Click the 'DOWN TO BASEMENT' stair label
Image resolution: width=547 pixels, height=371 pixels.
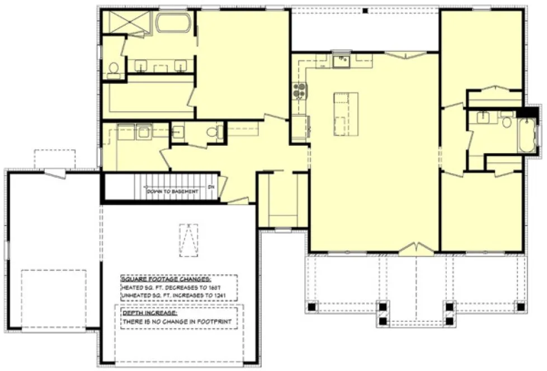tap(172, 191)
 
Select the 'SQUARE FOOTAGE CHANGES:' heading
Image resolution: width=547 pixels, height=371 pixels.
tap(157, 278)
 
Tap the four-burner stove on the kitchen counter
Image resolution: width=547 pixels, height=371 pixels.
tap(299, 91)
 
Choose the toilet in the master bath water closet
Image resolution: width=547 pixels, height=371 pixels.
tap(114, 68)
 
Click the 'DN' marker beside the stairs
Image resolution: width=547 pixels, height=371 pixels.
tap(211, 187)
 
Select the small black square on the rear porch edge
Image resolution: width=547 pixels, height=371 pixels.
tap(364, 10)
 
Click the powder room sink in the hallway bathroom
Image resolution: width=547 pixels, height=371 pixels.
tap(179, 132)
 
